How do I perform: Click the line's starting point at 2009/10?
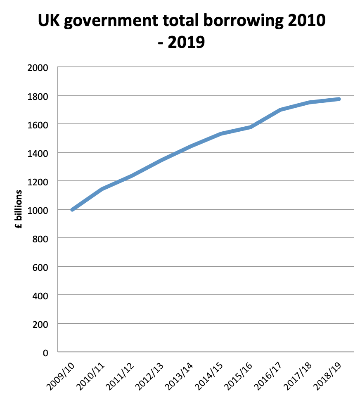click(73, 209)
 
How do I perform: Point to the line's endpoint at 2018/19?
click(339, 99)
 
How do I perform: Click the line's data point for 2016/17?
click(280, 110)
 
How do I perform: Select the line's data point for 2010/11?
click(102, 189)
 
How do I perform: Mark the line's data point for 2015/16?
click(251, 127)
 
